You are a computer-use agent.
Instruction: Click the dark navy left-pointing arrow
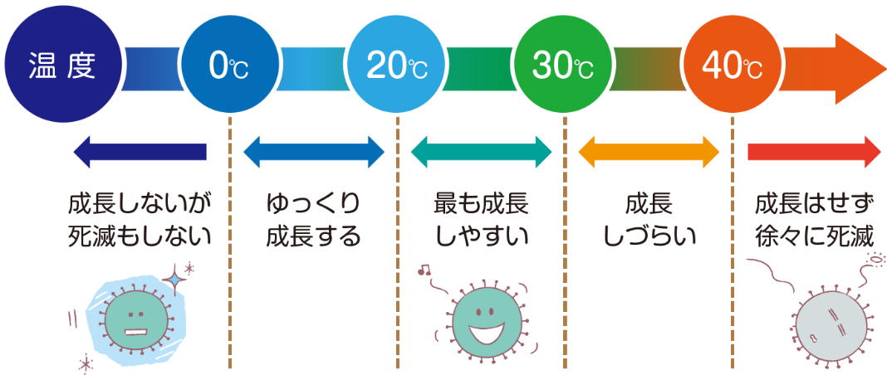click(140, 152)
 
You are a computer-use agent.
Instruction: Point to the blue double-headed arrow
click(314, 152)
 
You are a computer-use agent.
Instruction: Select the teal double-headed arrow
click(481, 152)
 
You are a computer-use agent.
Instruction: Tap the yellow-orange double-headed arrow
click(649, 152)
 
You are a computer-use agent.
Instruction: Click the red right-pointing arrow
click(814, 152)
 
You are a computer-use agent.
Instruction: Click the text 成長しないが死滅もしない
click(140, 221)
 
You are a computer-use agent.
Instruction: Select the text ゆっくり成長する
click(314, 221)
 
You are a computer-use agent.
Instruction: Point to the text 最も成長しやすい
click(481, 221)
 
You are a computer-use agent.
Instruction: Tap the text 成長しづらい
click(649, 221)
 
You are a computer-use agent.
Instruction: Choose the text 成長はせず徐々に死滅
click(814, 221)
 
